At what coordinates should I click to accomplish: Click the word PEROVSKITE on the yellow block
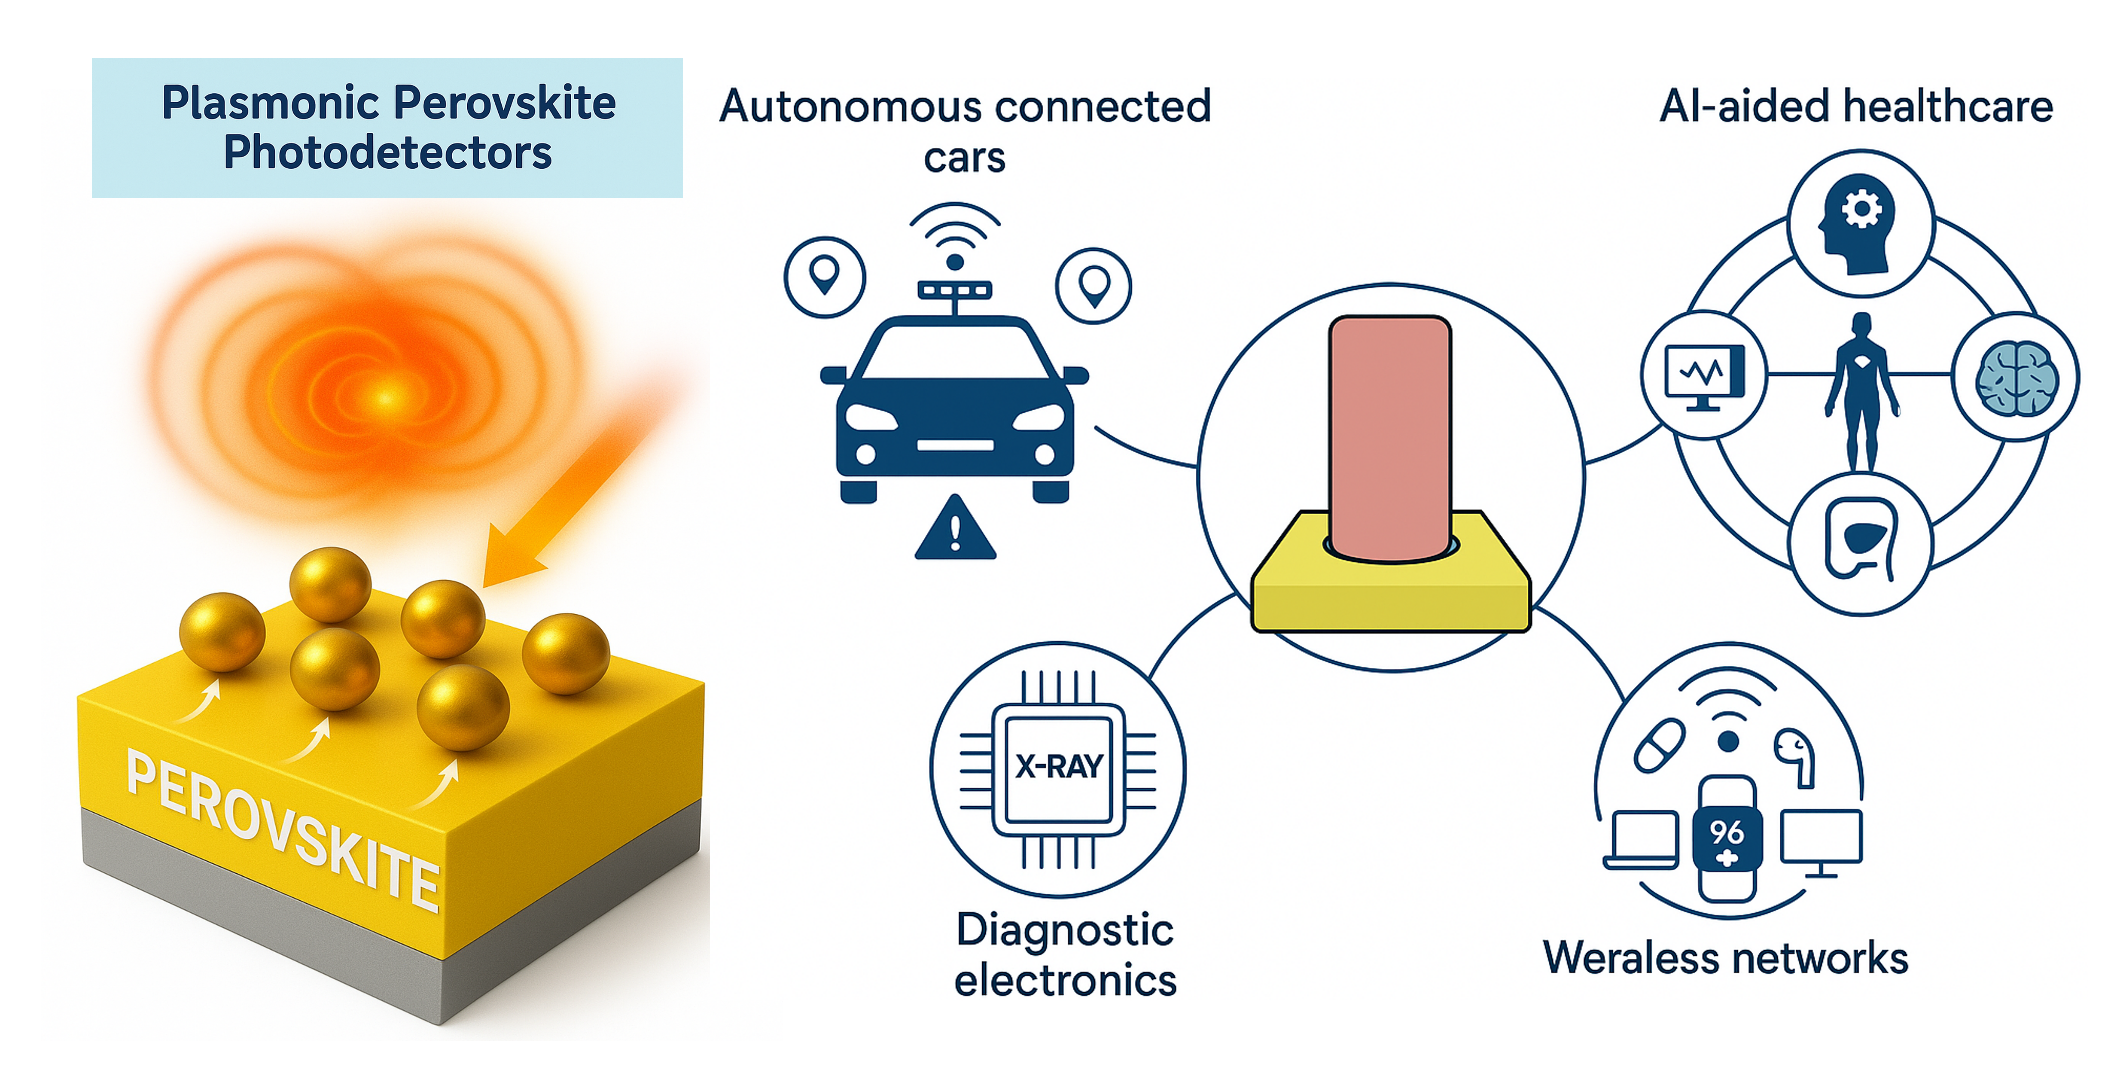tap(283, 830)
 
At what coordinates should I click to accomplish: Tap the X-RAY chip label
tap(1058, 767)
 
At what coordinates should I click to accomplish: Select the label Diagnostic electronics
tap(1065, 955)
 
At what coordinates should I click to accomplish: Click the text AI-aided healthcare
tap(1856, 107)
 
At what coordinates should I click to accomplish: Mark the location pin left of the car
tap(824, 276)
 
